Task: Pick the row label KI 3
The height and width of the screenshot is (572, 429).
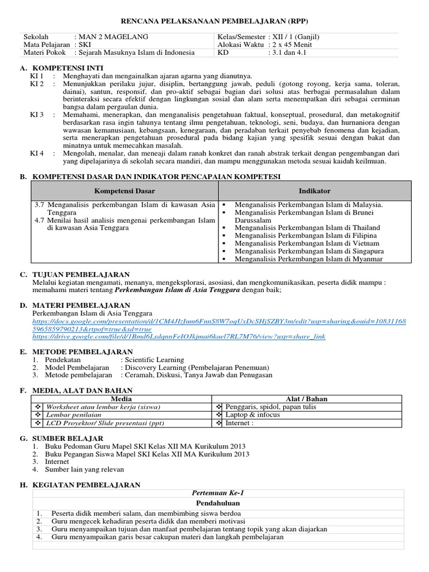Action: (x=37, y=115)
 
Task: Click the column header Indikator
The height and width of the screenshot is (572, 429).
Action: (x=314, y=191)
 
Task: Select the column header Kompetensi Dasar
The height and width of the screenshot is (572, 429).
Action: (x=124, y=191)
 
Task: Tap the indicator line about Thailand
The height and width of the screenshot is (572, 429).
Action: (x=307, y=228)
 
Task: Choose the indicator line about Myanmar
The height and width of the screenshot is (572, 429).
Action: (x=308, y=259)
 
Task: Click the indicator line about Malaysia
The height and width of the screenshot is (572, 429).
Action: (x=308, y=205)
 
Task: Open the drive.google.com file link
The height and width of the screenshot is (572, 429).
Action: (x=179, y=337)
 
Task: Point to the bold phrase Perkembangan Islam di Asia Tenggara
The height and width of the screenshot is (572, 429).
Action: (x=178, y=290)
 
